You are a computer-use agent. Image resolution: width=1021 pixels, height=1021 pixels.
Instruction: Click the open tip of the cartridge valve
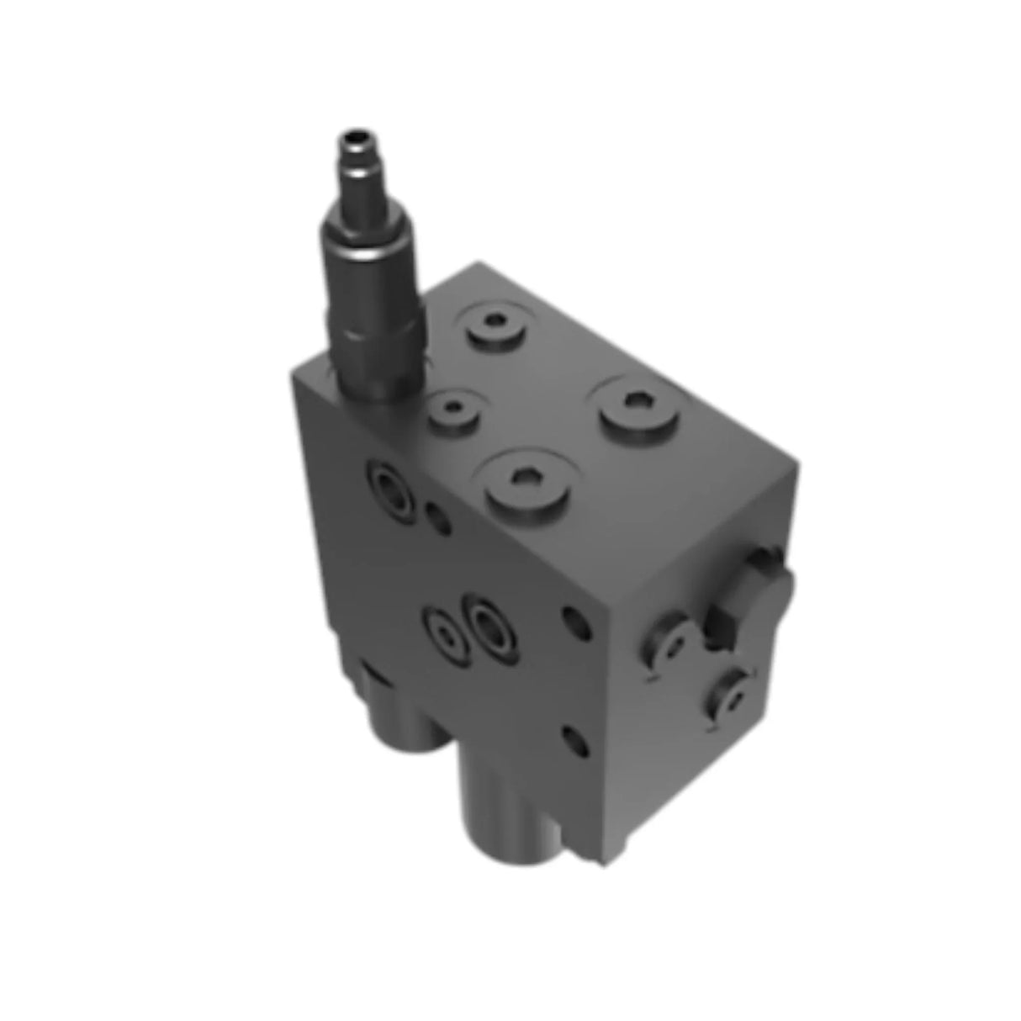pyautogui.click(x=352, y=135)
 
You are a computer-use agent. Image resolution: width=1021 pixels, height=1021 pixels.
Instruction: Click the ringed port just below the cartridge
pyautogui.click(x=390, y=487)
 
